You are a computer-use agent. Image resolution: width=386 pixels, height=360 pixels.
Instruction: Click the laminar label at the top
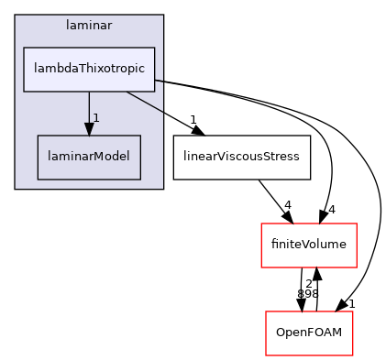[x=89, y=26]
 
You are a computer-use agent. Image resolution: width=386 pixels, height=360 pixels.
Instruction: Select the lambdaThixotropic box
[x=89, y=69]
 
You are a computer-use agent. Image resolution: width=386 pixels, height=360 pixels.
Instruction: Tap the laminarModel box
[x=89, y=157]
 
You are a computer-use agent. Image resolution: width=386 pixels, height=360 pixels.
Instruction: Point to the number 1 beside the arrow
[x=95, y=118]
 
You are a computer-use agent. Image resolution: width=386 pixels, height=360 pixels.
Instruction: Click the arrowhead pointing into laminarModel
[x=89, y=129]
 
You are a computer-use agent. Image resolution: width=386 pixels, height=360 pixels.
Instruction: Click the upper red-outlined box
[x=308, y=245]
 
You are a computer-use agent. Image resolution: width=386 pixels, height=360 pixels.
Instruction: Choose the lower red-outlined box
[x=309, y=333]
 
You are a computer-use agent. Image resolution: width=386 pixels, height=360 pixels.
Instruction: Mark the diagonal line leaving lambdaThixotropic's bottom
[x=144, y=102]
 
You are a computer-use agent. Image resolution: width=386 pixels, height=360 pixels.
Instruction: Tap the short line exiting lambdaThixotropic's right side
[x=159, y=81]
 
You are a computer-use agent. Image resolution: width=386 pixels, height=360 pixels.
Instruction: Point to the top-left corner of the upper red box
[x=261, y=224]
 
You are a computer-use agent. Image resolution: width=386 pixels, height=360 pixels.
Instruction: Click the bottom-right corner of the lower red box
[x=353, y=355]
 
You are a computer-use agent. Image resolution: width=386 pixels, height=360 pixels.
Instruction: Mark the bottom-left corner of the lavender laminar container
[x=16, y=189]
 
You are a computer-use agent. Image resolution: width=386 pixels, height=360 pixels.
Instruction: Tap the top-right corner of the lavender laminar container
[x=163, y=16]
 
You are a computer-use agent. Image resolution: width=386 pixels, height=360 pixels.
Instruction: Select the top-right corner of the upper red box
[x=356, y=224]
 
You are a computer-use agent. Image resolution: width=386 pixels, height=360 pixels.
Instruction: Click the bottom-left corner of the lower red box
[x=266, y=355]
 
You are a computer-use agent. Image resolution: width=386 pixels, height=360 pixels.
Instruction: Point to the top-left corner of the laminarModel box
[x=38, y=136]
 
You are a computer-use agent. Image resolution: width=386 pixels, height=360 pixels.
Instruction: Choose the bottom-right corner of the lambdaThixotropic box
[x=155, y=91]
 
